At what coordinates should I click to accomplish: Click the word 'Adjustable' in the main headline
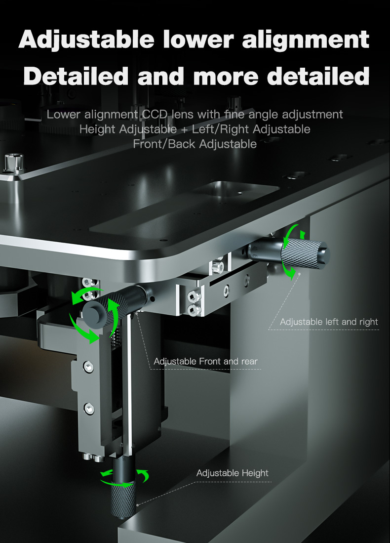pos(86,40)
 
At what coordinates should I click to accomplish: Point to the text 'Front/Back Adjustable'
pos(195,144)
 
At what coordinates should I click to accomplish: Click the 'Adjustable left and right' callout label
pos(329,322)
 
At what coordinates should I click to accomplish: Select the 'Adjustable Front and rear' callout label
pos(205,361)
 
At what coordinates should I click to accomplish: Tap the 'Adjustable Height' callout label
pos(232,473)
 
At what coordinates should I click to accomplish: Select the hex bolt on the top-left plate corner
pos(14,163)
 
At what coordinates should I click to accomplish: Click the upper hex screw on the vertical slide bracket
pos(88,367)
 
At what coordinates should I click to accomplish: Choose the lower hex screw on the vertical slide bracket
pos(89,409)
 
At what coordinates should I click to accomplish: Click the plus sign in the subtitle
pos(184,129)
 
